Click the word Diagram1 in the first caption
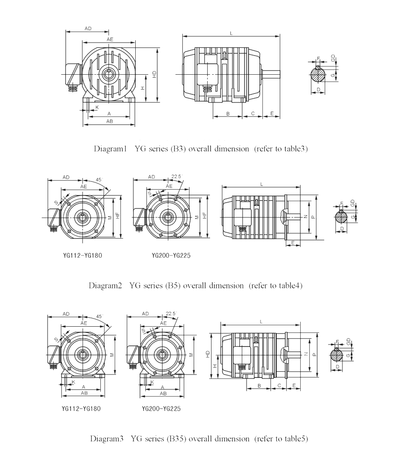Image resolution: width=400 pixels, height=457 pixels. [110, 149]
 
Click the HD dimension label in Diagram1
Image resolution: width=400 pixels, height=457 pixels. [154, 75]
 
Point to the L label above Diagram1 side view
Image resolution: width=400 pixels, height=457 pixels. [231, 33]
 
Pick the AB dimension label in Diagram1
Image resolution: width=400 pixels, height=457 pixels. [109, 121]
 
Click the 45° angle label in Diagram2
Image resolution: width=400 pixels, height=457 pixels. [99, 180]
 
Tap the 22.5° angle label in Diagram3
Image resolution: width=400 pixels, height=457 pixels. [171, 314]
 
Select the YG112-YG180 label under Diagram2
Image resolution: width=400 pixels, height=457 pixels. [82, 256]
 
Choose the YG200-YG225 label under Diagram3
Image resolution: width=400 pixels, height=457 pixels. [161, 409]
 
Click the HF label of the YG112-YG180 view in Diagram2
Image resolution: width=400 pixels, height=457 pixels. [118, 216]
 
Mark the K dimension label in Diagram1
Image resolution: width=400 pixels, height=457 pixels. [97, 107]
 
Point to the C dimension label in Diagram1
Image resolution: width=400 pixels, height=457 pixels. [253, 114]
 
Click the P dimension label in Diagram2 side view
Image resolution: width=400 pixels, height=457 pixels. [313, 217]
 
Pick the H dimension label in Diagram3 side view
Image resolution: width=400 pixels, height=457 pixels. [215, 366]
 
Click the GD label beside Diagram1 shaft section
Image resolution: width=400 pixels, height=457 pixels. [333, 57]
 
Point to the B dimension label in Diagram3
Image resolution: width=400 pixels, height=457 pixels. [259, 386]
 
